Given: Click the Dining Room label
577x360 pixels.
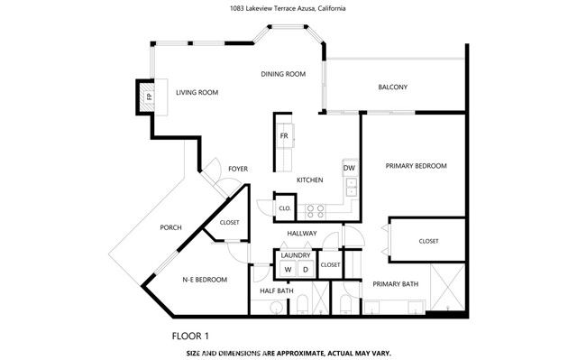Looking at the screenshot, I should tap(283, 74).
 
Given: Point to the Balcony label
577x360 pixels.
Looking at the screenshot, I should tap(392, 88).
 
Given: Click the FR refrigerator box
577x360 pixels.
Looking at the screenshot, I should tap(283, 136).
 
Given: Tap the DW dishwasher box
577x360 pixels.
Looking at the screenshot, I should tap(349, 168).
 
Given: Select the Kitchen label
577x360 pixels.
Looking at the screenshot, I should tap(310, 180).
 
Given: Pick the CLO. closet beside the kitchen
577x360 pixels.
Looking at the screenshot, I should tap(284, 208).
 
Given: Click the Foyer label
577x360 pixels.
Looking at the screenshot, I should tap(238, 169).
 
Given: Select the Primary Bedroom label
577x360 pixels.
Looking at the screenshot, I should tap(416, 166).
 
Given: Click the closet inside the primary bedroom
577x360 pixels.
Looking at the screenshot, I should tap(428, 241).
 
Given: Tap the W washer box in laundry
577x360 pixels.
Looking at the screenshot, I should tap(288, 270).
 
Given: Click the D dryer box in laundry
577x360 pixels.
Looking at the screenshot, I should tap(305, 270).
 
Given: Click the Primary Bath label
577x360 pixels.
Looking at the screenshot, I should tap(396, 284).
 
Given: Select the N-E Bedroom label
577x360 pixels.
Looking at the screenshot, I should tap(206, 280).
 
